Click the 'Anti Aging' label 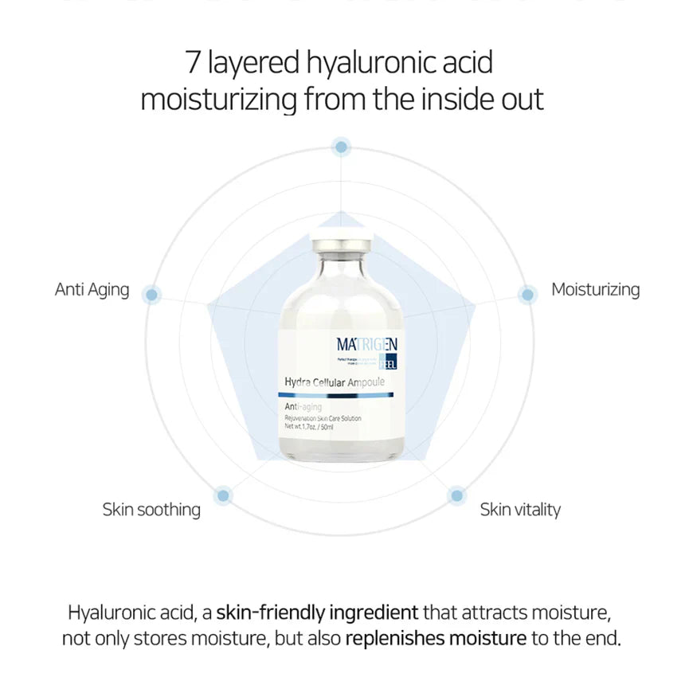92,289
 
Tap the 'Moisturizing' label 595,289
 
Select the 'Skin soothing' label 151,509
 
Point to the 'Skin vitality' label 520,509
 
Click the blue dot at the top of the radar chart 342,147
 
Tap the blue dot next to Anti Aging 151,295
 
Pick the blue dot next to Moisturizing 526,295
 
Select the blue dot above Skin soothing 224,495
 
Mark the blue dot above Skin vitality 456,495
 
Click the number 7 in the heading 191,61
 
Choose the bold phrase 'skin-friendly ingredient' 317,613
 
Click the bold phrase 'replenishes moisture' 436,638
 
